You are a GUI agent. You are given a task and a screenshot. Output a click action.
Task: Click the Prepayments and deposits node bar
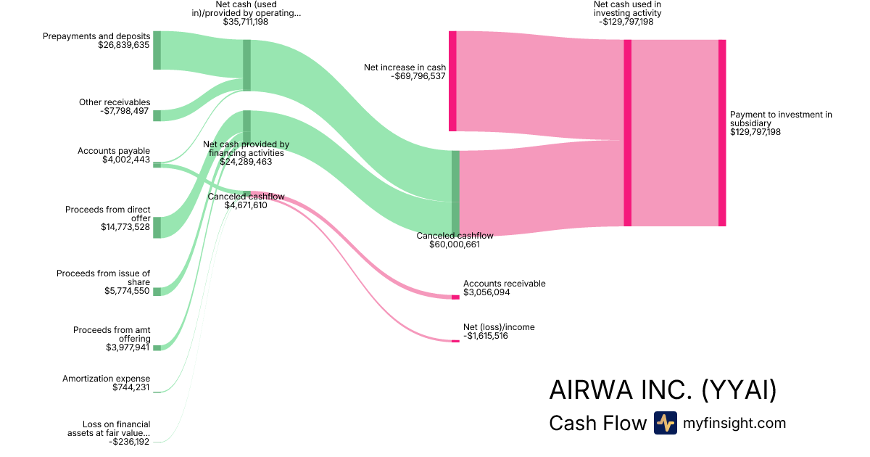157,51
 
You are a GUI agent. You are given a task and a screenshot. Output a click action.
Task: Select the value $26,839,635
123,45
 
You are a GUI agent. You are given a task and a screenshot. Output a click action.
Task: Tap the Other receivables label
115,102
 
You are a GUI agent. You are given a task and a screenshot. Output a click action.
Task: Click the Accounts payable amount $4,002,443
125,160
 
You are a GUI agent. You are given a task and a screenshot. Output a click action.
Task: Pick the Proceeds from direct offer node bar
157,227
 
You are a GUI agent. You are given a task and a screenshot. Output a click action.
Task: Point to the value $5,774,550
127,291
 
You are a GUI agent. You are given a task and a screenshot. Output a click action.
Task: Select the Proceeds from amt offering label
112,334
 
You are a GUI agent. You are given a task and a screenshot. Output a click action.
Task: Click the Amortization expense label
106,379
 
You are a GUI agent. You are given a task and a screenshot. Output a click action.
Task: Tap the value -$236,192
129,441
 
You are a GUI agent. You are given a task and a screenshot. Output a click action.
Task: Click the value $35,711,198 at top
246,22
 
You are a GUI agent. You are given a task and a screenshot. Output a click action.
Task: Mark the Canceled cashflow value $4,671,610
246,205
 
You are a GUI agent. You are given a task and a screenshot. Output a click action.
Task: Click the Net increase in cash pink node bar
452,81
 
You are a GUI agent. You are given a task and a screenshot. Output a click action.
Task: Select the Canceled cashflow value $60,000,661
455,245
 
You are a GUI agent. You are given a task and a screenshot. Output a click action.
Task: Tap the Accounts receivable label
504,284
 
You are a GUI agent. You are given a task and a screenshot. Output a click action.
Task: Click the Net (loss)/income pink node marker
455,341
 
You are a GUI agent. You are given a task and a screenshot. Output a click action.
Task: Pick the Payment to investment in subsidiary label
781,119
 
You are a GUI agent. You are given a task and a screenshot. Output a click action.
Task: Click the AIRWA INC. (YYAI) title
663,390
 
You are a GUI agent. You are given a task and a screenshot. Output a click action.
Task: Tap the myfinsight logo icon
665,423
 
